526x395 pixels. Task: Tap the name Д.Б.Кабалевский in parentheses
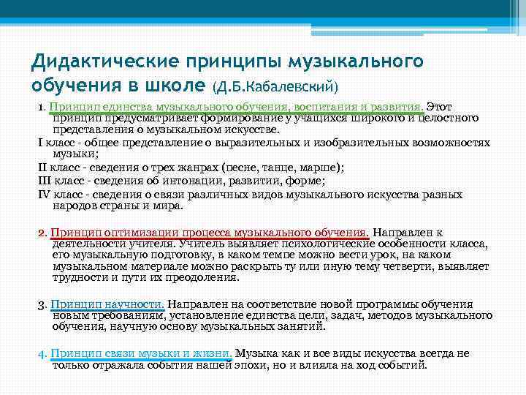pos(275,86)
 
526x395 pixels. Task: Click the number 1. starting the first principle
pos(42,108)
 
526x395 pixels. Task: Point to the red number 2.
pos(42,233)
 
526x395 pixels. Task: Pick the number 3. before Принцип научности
pos(42,304)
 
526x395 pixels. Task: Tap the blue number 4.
pos(42,353)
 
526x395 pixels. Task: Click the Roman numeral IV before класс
pos(43,195)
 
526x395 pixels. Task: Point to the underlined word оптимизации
pos(135,233)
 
